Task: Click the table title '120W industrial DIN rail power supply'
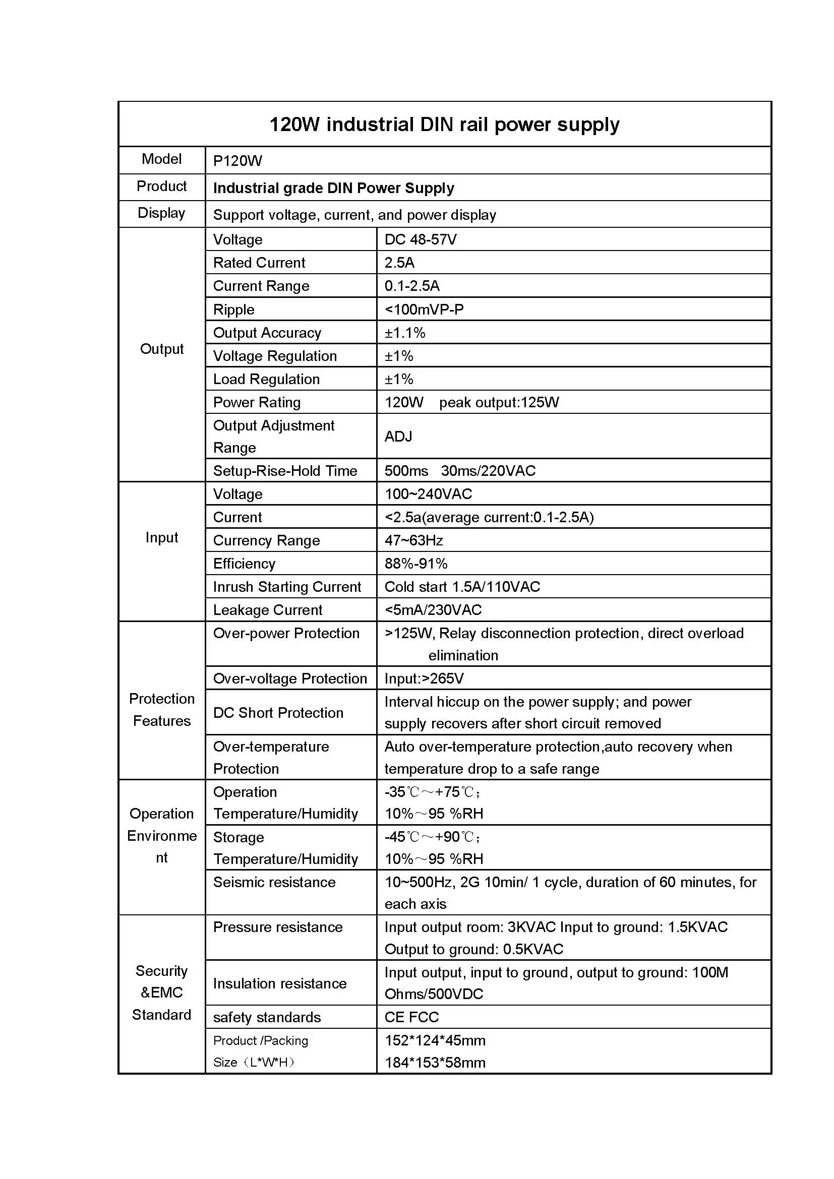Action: point(444,125)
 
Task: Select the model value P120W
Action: point(237,161)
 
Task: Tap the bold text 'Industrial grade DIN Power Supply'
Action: point(333,188)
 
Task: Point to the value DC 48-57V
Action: point(420,240)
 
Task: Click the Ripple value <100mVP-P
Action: point(424,309)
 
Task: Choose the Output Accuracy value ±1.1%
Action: point(405,333)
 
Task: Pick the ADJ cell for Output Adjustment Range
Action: point(398,437)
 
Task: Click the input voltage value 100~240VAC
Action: point(428,494)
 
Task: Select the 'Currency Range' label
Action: point(266,540)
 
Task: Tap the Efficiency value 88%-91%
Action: point(416,564)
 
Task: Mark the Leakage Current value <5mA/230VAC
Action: point(433,610)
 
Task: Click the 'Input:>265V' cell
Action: point(424,679)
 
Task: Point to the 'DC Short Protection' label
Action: point(278,713)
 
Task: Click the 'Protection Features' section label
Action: point(162,710)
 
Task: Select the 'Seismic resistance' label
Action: point(274,882)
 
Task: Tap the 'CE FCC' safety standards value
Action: point(411,1017)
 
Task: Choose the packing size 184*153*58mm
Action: point(435,1063)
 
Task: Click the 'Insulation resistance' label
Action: point(279,983)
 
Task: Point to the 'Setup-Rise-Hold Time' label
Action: point(285,471)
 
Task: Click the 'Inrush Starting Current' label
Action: point(287,587)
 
